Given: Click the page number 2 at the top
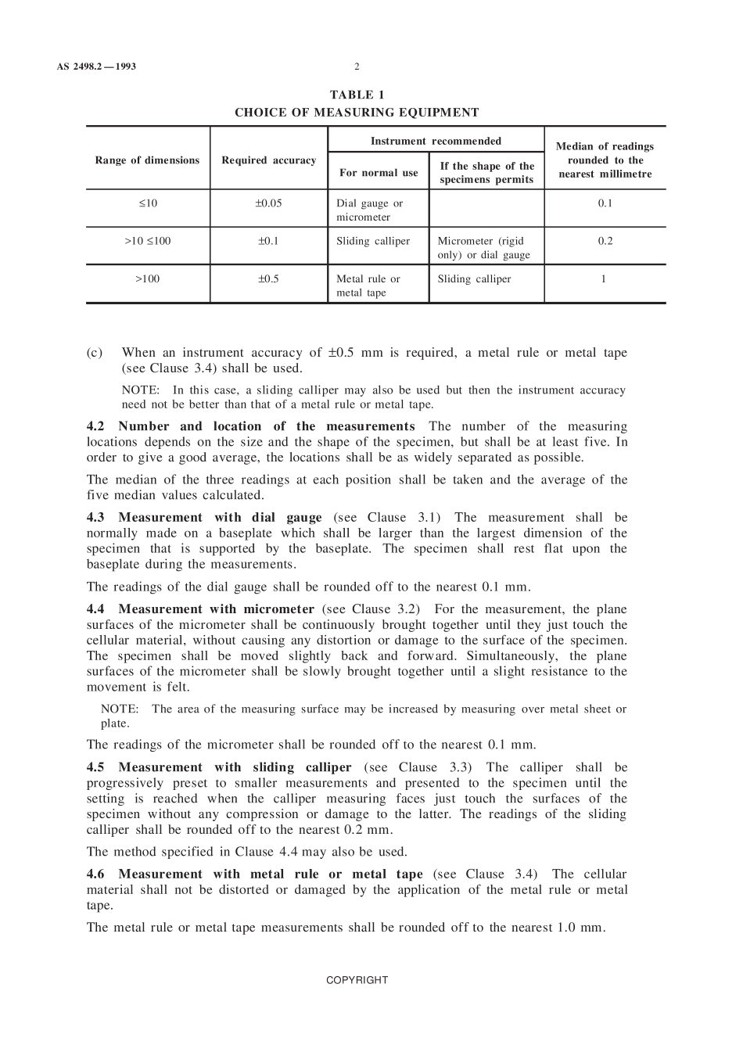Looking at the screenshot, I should click(357, 66).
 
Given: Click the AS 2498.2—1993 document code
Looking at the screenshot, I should click(96, 66).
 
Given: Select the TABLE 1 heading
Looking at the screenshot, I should click(357, 95).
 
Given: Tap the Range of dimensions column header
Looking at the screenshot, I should click(147, 160).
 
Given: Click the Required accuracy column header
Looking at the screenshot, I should click(268, 160).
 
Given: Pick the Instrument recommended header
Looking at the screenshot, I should click(436, 141).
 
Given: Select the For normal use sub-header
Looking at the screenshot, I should click(379, 173).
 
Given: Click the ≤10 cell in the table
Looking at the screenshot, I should click(147, 203).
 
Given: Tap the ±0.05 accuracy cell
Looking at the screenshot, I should click(268, 203).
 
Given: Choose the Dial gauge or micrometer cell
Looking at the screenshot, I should click(369, 210).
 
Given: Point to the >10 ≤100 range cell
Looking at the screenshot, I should click(147, 241).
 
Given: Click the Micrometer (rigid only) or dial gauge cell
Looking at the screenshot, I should click(483, 248).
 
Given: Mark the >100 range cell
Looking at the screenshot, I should click(147, 278).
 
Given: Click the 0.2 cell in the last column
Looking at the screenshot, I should click(605, 241).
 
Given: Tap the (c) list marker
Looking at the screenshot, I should click(95, 353).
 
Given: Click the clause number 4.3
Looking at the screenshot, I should click(95, 518).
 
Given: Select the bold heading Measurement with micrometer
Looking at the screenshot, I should click(216, 609).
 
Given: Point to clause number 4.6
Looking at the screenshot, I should click(95, 874).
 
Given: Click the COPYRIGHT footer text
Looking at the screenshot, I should click(357, 980).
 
